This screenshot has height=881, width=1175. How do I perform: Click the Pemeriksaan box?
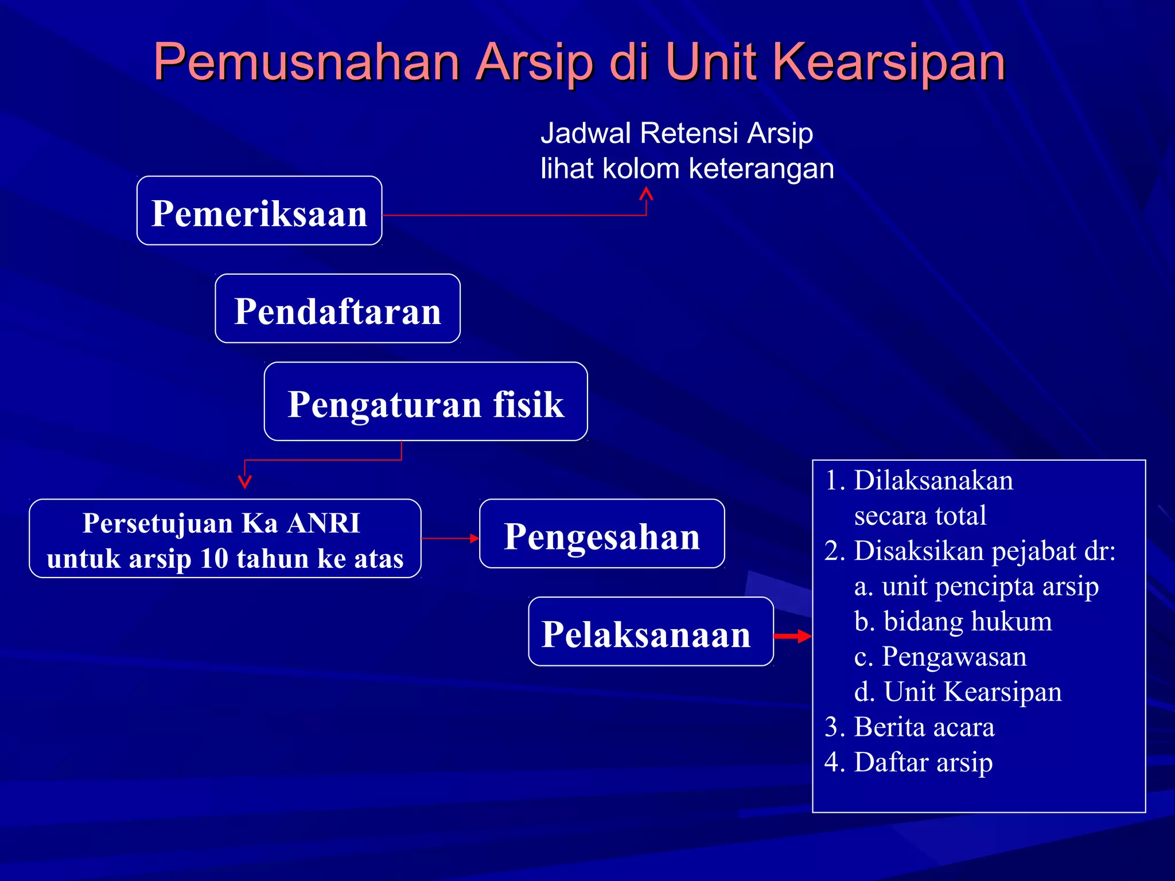pyautogui.click(x=259, y=211)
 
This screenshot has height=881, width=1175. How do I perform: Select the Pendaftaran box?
pyautogui.click(x=337, y=309)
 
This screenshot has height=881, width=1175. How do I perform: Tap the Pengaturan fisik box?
pyautogui.click(x=426, y=401)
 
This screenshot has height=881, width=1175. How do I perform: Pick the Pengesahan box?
pyautogui.click(x=602, y=534)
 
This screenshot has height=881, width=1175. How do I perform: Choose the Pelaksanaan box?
pyautogui.click(x=651, y=632)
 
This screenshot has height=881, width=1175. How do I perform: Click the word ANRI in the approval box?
pyautogui.click(x=324, y=523)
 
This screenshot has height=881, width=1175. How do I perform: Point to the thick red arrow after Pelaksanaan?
pyautogui.click(x=793, y=636)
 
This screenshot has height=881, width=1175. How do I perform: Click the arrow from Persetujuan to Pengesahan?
pyautogui.click(x=450, y=538)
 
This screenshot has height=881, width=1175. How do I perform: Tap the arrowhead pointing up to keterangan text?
pyautogui.click(x=647, y=194)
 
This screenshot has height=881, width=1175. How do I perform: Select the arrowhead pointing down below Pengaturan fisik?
pyautogui.click(x=245, y=481)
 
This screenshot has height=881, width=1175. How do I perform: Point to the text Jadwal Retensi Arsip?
pyautogui.click(x=676, y=133)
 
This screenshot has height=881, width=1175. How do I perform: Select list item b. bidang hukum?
pyautogui.click(x=953, y=621)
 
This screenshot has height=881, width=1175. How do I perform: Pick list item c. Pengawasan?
pyautogui.click(x=940, y=656)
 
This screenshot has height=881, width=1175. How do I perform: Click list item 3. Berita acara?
pyautogui.click(x=909, y=727)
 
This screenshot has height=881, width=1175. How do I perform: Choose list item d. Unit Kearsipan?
pyautogui.click(x=958, y=691)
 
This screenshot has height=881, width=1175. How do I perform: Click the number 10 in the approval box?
pyautogui.click(x=215, y=559)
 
